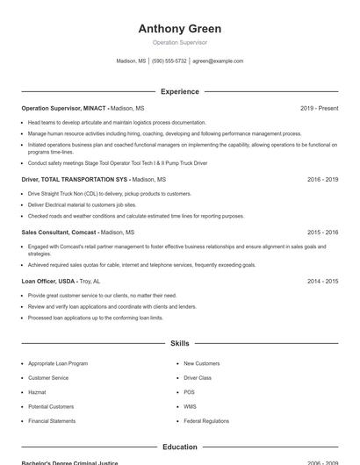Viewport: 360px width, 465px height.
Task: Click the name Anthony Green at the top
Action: [x=179, y=29]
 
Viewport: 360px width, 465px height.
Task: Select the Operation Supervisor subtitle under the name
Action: [x=179, y=42]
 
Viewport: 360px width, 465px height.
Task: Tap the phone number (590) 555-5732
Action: [x=169, y=61]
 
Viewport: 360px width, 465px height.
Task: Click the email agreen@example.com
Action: [x=218, y=61]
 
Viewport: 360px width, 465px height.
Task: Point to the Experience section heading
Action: [x=179, y=91]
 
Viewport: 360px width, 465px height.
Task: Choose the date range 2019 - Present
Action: [x=319, y=108]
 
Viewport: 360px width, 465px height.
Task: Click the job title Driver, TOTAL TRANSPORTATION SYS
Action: [x=74, y=179]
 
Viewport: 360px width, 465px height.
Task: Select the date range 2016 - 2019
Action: [x=322, y=179]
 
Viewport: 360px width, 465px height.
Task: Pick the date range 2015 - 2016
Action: [x=322, y=232]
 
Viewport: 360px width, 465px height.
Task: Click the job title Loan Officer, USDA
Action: [x=49, y=282]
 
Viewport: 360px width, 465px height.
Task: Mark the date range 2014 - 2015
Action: [x=322, y=282]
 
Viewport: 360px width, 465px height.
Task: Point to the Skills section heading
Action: [x=179, y=343]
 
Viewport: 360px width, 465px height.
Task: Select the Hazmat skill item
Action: [x=37, y=392]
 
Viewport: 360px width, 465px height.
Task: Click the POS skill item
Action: [x=189, y=392]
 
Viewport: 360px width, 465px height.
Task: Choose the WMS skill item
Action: [x=190, y=407]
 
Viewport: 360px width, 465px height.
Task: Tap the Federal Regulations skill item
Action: [x=206, y=421]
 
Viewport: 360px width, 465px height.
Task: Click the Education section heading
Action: [x=179, y=447]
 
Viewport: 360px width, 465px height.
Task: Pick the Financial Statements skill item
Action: [x=52, y=421]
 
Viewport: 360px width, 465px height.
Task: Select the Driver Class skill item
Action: [x=198, y=377]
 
